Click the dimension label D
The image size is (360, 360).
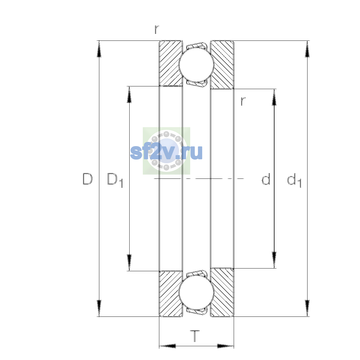tap(87, 179)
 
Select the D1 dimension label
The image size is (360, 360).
tap(115, 180)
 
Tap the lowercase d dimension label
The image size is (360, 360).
tap(266, 179)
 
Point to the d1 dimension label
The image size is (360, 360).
tap(294, 180)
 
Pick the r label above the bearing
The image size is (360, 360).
tap(157, 29)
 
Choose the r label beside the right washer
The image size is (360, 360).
tap(243, 101)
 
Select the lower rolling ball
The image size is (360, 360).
tap(196, 293)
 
